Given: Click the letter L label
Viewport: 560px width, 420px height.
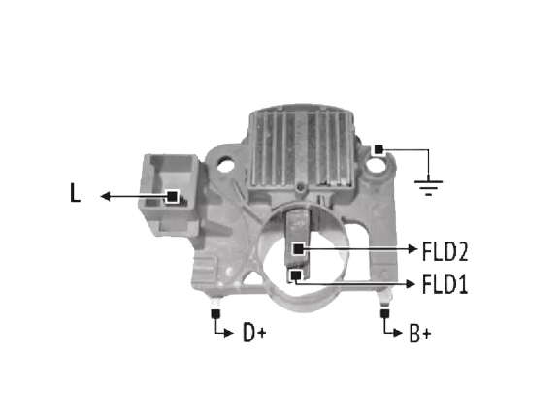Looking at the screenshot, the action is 75,193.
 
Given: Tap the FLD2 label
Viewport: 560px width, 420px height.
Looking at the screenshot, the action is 445,251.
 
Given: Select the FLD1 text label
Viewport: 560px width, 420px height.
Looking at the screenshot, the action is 445,284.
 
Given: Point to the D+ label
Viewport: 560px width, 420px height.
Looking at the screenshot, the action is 254,333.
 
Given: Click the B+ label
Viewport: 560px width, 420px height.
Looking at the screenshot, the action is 420,334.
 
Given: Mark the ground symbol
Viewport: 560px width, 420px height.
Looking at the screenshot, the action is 428,187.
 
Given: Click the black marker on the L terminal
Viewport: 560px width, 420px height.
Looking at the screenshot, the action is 172,196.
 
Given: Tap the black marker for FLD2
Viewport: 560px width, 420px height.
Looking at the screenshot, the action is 298,248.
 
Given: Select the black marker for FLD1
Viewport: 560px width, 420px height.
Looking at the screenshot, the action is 295,275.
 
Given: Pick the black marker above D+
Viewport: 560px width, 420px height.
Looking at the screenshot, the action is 215,314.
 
